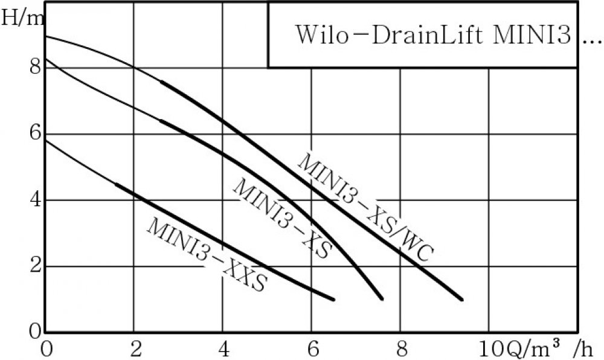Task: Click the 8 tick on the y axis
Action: [x=34, y=67]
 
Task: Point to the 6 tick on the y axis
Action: [x=34, y=133]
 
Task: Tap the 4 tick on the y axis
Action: [x=34, y=200]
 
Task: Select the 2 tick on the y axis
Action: [x=34, y=266]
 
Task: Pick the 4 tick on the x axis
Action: [x=223, y=350]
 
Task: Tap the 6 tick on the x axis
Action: [x=312, y=350]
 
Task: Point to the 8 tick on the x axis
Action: [x=400, y=350]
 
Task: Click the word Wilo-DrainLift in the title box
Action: [x=390, y=34]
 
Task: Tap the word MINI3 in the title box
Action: [x=532, y=34]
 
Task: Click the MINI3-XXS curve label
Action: [x=205, y=254]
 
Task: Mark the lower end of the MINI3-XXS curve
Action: [x=333, y=299]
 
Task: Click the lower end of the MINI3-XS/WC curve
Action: [x=462, y=299]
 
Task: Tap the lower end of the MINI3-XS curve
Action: [x=382, y=298]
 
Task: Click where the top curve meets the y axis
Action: [x=46, y=36]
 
